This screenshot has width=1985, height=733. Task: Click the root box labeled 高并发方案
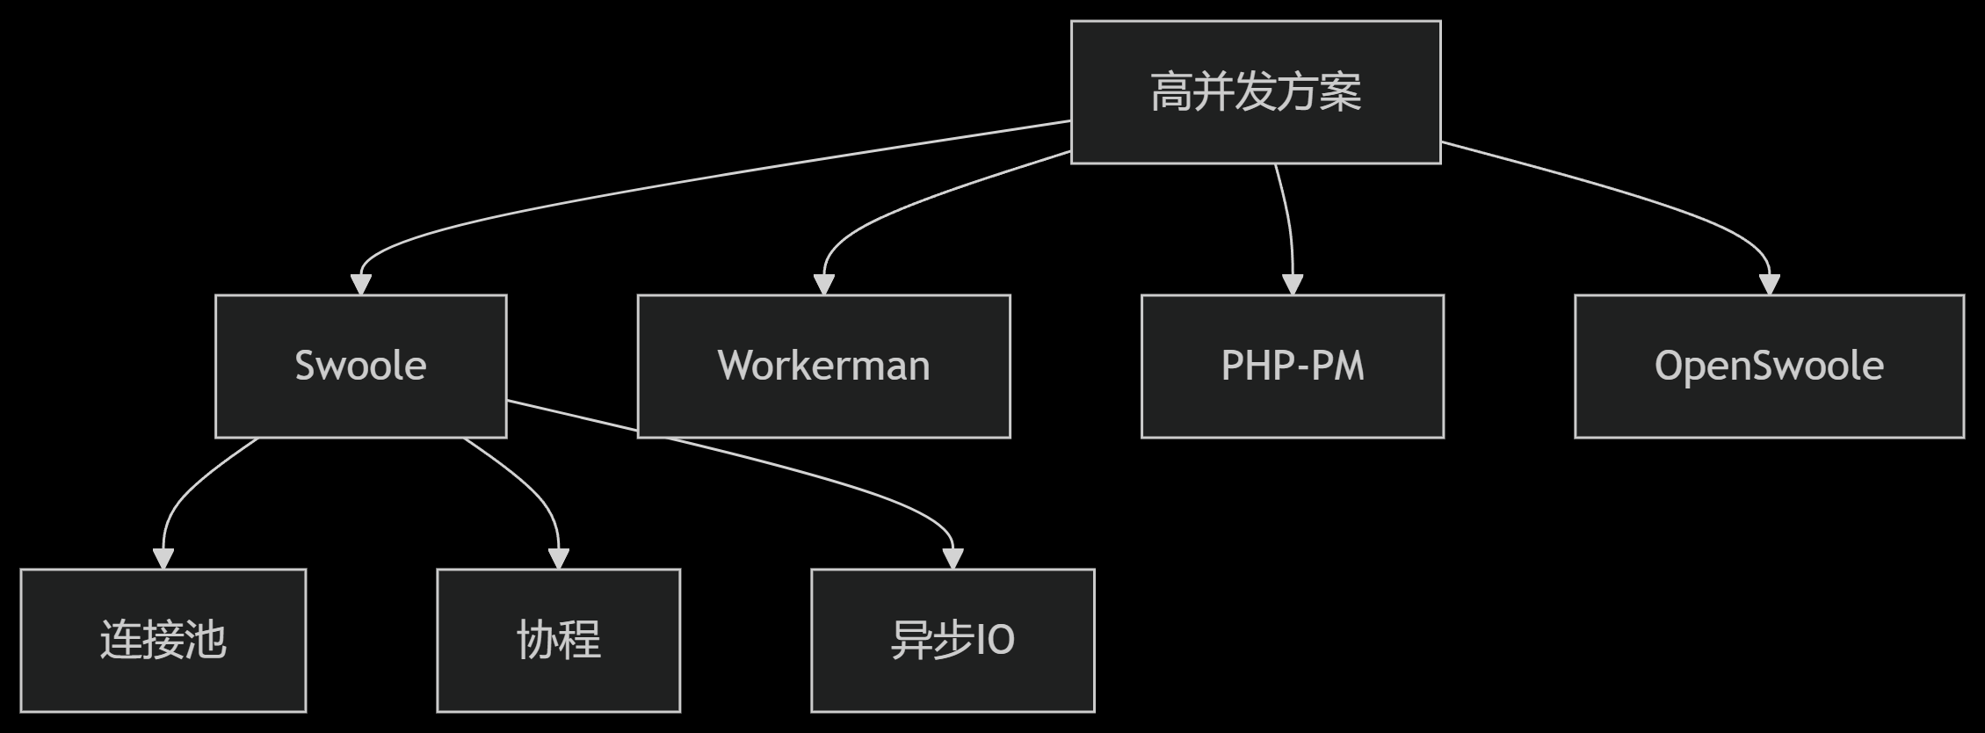[1255, 92]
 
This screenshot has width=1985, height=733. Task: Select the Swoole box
[360, 366]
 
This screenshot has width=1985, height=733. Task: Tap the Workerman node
[823, 366]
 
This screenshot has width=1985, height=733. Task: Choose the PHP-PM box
[1292, 366]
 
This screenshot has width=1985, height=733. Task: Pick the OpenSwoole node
[1768, 366]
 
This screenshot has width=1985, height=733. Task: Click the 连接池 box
[163, 640]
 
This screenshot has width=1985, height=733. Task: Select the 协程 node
[558, 640]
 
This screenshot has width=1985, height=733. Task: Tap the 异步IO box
[953, 640]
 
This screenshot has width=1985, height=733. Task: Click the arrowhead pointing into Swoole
[361, 284]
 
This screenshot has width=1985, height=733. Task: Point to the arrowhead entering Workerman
[823, 284]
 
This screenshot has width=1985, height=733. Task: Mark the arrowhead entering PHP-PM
[1293, 284]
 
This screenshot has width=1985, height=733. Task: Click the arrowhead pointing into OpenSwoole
[1769, 284]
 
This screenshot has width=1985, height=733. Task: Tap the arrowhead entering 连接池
[163, 558]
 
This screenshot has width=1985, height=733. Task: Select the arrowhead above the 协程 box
[559, 558]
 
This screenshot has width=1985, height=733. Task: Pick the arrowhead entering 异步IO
[953, 558]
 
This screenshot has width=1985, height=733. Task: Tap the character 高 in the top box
[1170, 92]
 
